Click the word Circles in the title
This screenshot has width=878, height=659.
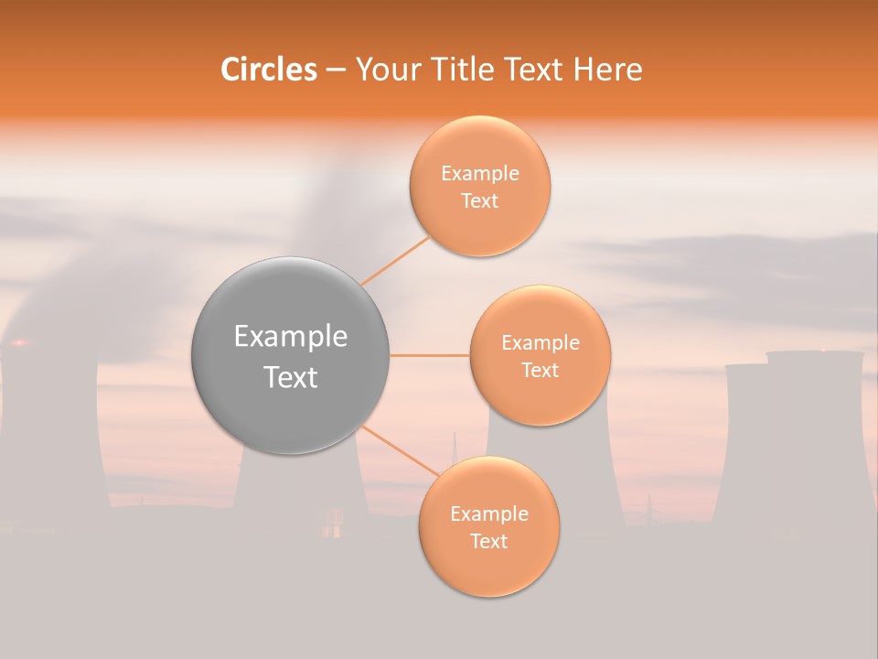[x=269, y=70]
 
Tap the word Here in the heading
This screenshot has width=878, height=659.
[x=607, y=70]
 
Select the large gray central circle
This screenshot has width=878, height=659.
[x=290, y=355]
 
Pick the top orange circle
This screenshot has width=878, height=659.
[x=479, y=187]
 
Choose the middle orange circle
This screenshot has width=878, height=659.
[x=540, y=355]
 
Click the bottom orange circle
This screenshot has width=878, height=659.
[x=488, y=527]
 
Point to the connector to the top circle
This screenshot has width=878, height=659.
[x=395, y=260]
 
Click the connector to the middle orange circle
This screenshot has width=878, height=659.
[x=429, y=355]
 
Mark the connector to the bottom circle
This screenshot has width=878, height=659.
[x=399, y=451]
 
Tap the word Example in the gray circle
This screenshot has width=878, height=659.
[x=290, y=337]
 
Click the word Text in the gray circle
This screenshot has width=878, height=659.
[x=290, y=377]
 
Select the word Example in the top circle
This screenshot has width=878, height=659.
[x=479, y=174]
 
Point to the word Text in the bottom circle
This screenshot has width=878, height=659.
[x=488, y=541]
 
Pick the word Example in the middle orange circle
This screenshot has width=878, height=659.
[x=540, y=343]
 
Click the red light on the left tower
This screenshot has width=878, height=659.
[x=18, y=343]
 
